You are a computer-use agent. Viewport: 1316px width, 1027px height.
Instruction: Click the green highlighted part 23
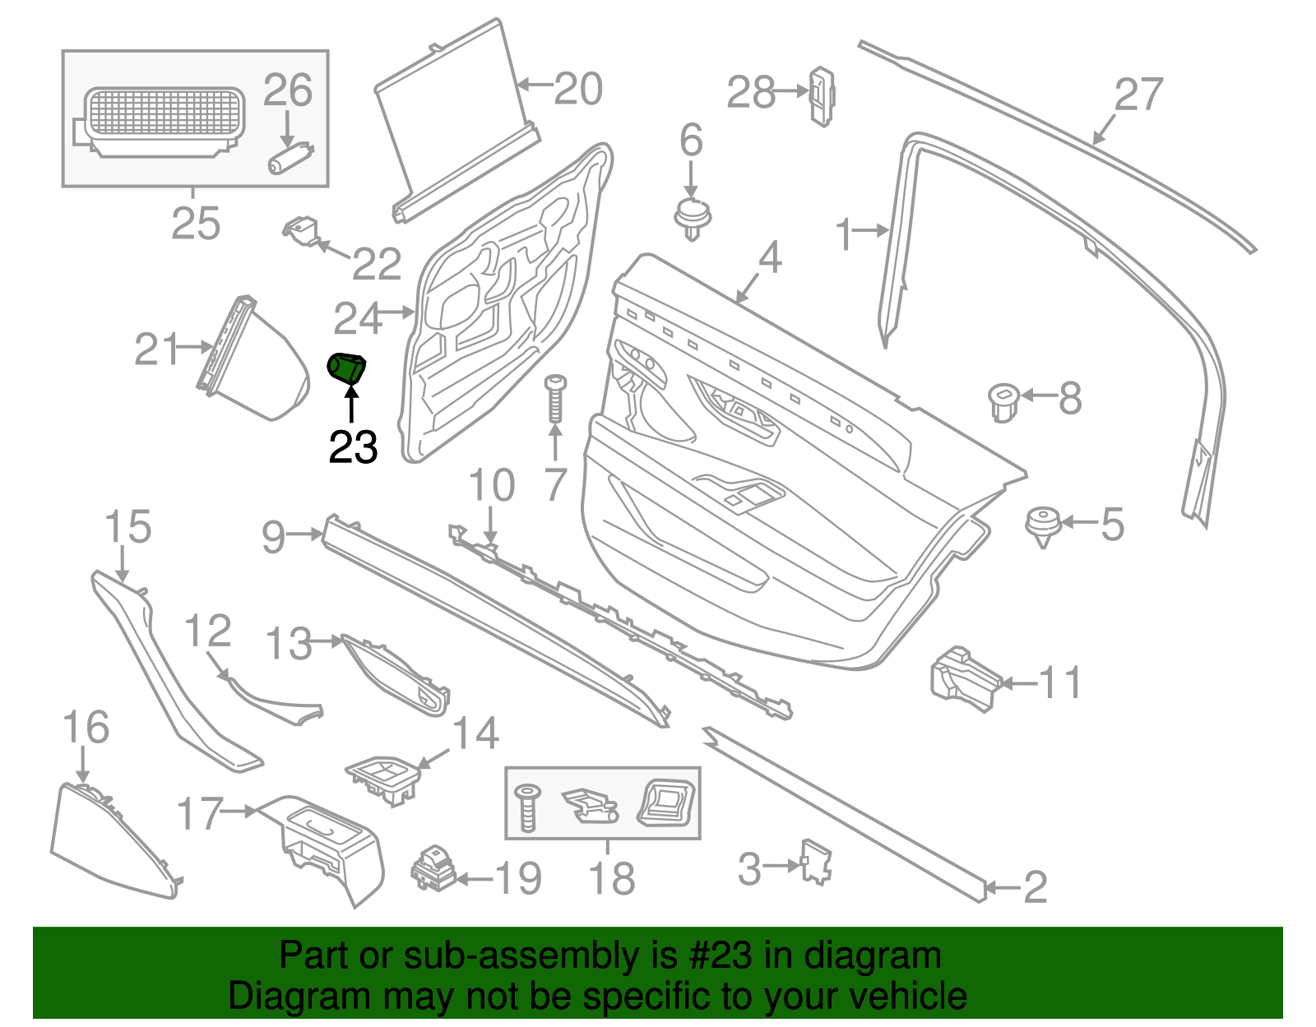tap(346, 368)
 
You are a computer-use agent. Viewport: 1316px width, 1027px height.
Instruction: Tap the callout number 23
tap(353, 447)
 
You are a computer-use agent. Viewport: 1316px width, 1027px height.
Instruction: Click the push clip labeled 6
tap(693, 217)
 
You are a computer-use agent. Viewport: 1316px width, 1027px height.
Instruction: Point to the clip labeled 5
tap(1042, 525)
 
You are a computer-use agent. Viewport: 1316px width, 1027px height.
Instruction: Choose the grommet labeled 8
tap(1003, 401)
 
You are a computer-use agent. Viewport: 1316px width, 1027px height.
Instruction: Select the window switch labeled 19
tap(433, 869)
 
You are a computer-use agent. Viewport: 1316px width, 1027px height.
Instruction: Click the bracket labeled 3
tap(816, 862)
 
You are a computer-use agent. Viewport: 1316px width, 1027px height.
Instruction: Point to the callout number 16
tap(86, 728)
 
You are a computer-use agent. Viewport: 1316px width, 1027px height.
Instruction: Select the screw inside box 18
tap(526, 807)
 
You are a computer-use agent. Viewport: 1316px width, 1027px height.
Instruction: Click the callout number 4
tap(769, 257)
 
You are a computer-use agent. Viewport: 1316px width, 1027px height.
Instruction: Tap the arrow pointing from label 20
tap(535, 84)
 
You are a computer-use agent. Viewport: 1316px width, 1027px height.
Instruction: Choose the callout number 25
tap(196, 223)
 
